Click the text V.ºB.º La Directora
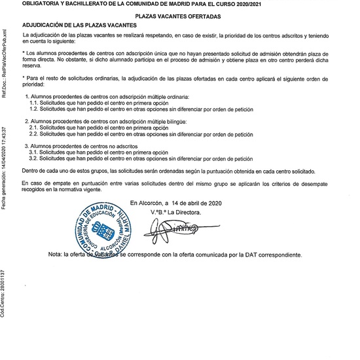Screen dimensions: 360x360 [175, 212]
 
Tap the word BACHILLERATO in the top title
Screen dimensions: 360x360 [86, 4]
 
